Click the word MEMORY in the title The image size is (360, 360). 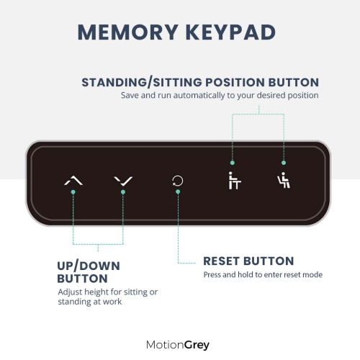tap(125, 33)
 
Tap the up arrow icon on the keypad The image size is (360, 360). tap(73, 181)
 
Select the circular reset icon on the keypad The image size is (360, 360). tap(177, 181)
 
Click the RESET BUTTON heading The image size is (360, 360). tap(248, 261)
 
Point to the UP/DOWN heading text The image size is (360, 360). tap(89, 266)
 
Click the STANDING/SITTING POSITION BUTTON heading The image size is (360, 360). tap(199, 81)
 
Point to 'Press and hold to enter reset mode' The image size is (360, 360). tap(263, 274)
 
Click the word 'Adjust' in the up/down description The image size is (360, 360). tap(71, 292)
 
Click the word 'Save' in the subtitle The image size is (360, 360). tap(130, 95)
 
